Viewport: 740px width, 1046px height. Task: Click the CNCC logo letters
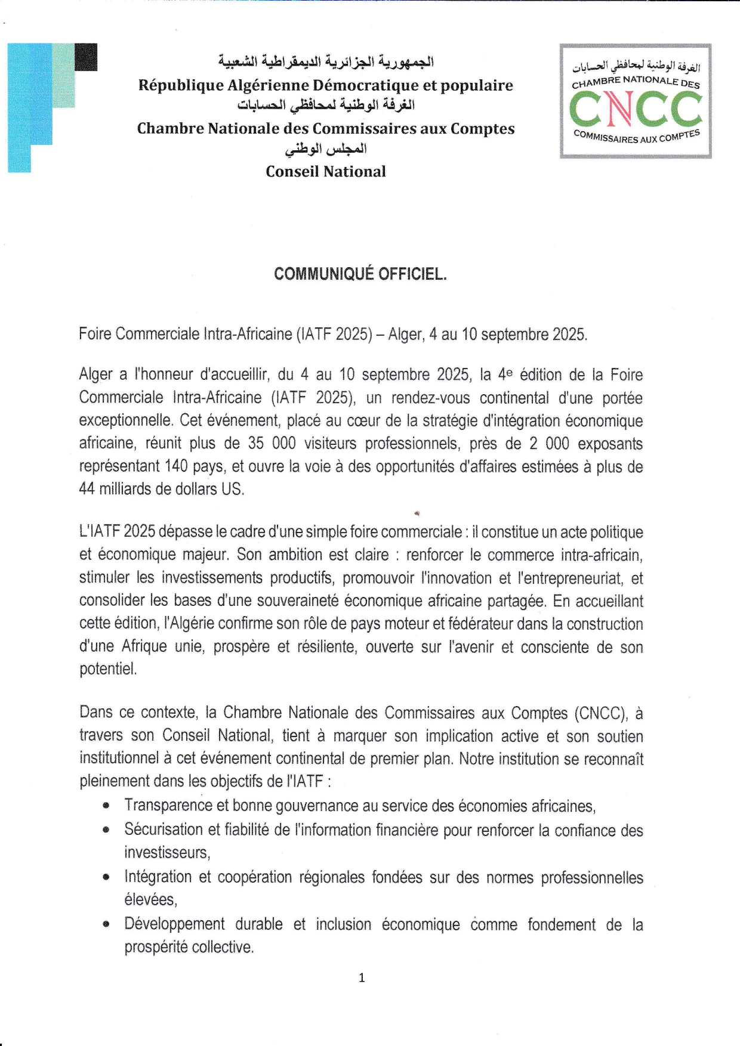point(636,111)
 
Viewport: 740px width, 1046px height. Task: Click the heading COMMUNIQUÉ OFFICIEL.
point(360,274)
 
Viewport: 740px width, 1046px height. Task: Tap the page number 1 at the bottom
point(361,977)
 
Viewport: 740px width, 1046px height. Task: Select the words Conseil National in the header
point(326,172)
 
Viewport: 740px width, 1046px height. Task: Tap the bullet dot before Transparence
point(106,806)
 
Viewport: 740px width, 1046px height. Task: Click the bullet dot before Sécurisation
point(106,830)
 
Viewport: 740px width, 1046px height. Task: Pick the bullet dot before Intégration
point(106,877)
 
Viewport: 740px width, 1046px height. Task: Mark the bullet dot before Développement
point(106,925)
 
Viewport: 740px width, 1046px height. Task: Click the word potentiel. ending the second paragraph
point(108,669)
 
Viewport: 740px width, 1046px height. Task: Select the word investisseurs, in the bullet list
point(167,853)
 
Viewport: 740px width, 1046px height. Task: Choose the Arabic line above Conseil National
point(326,149)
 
